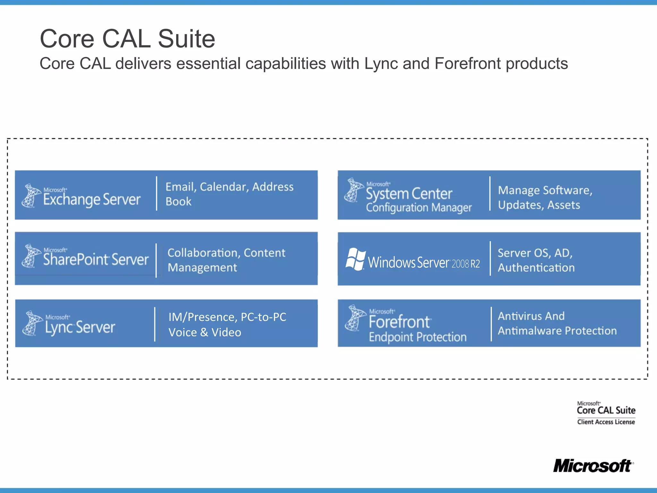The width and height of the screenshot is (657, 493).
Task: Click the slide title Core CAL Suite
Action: [127, 39]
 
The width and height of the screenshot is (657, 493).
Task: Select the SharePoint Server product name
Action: [96, 259]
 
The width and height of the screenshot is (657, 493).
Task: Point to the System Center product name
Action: [409, 194]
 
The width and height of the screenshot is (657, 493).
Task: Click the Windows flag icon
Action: [355, 259]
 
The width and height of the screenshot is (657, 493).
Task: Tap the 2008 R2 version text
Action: [466, 264]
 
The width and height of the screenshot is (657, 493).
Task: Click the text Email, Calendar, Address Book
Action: [229, 194]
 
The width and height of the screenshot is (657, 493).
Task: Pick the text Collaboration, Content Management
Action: [226, 260]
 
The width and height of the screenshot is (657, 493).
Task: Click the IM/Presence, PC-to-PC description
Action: [227, 324]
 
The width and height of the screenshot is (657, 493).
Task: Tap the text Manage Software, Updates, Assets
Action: [545, 197]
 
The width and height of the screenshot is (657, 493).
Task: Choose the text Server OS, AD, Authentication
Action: [536, 260]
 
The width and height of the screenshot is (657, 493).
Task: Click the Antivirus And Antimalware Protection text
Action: [557, 323]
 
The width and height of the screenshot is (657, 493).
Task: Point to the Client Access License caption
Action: [606, 422]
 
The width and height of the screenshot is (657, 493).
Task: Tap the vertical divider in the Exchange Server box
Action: [157, 194]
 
